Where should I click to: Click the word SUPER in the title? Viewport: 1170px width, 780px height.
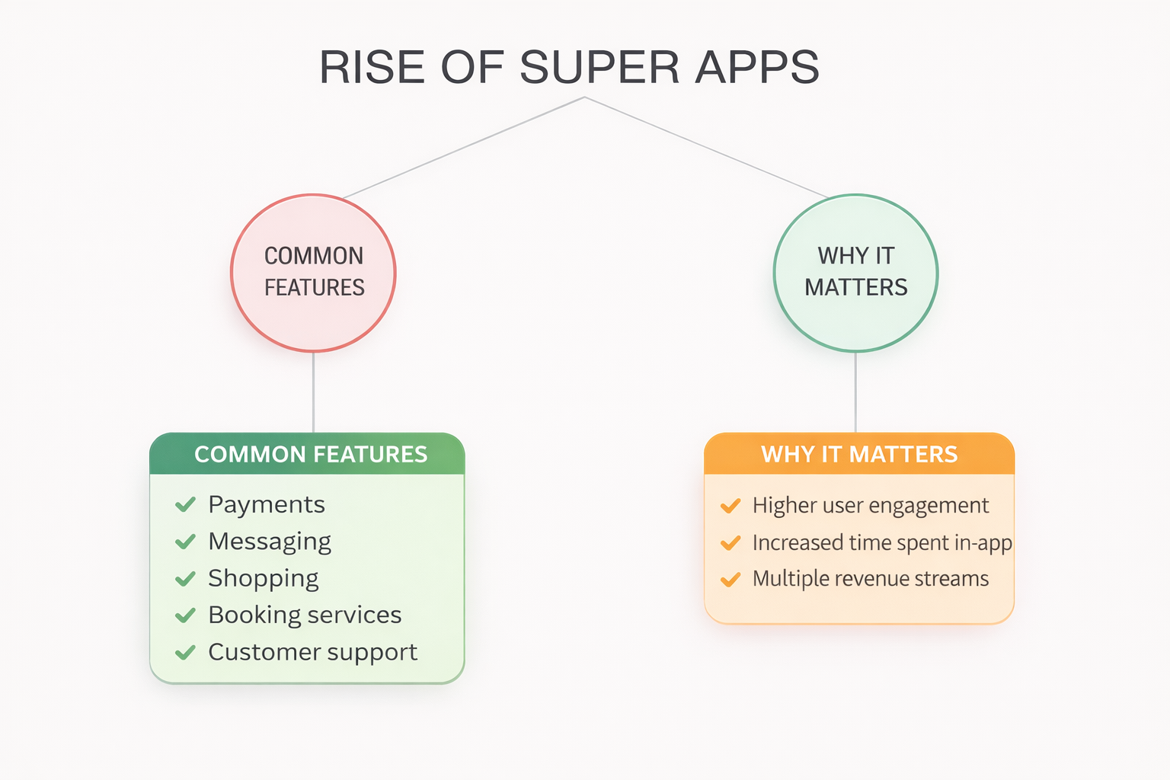599,67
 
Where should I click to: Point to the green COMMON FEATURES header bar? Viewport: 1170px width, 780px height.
307,453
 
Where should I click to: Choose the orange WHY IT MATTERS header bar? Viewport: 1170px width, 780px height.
859,453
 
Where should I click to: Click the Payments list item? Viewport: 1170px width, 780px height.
267,505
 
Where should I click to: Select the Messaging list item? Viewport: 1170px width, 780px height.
270,542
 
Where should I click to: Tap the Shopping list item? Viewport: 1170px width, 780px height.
264,579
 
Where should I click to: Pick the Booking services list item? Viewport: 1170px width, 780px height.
305,615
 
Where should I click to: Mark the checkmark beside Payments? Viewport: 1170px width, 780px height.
185,505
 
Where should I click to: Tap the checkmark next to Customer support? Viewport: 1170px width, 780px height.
185,653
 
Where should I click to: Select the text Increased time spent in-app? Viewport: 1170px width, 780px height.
882,543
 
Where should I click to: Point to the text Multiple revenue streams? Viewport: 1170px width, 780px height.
871,579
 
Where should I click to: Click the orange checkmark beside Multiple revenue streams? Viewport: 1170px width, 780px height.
730,580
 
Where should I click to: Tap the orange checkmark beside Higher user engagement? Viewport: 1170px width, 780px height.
730,506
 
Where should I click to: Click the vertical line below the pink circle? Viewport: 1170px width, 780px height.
313,392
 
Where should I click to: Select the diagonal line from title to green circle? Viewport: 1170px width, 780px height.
706,147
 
